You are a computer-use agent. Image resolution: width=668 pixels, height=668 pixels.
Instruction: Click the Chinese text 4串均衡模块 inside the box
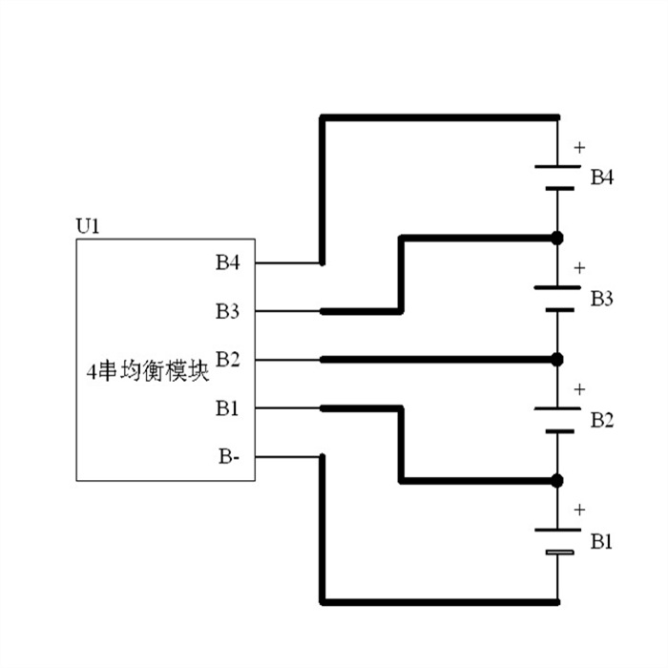(146, 372)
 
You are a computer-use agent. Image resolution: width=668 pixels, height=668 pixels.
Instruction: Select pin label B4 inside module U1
(227, 262)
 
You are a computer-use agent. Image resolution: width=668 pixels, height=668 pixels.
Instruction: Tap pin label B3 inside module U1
(227, 311)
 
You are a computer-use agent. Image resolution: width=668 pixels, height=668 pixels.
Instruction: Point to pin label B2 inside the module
(227, 360)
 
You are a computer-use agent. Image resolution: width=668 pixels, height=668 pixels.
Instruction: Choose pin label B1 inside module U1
(227, 409)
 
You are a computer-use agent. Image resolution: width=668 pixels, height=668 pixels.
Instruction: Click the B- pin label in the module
(228, 457)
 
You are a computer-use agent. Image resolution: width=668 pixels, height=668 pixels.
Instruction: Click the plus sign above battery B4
(578, 148)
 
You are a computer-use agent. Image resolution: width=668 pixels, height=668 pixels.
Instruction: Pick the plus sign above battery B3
(578, 268)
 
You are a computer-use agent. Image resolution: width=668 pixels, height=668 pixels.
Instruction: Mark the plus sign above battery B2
(578, 389)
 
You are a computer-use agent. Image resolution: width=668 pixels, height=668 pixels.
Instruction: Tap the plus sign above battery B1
(578, 511)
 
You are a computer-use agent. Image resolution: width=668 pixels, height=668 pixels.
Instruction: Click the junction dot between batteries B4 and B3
(557, 237)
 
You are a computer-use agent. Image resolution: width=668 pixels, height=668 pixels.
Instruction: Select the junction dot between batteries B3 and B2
(557, 359)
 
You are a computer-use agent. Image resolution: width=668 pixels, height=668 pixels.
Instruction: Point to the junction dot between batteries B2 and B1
(557, 479)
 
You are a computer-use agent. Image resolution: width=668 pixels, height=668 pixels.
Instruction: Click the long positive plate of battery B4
(557, 166)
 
